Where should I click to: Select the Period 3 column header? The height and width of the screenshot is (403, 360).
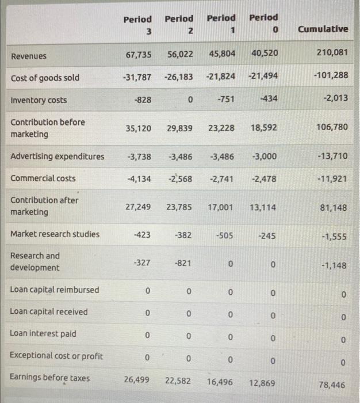138,24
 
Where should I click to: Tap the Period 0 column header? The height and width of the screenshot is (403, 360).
264,23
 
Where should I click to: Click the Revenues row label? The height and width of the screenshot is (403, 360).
29,56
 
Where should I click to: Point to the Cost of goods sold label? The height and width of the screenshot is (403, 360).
45,78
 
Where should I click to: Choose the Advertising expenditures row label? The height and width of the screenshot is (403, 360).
58,157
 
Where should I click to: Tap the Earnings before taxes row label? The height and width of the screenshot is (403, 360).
49,378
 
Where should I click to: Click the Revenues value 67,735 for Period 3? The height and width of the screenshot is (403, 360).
139,54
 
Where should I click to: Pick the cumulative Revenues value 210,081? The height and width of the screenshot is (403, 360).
332,53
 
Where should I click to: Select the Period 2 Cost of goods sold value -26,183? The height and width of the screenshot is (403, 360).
178,77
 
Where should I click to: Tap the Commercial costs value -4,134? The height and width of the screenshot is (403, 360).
139,178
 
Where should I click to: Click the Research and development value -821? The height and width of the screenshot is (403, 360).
182,263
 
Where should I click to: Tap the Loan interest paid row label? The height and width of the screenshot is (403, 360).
43,334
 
